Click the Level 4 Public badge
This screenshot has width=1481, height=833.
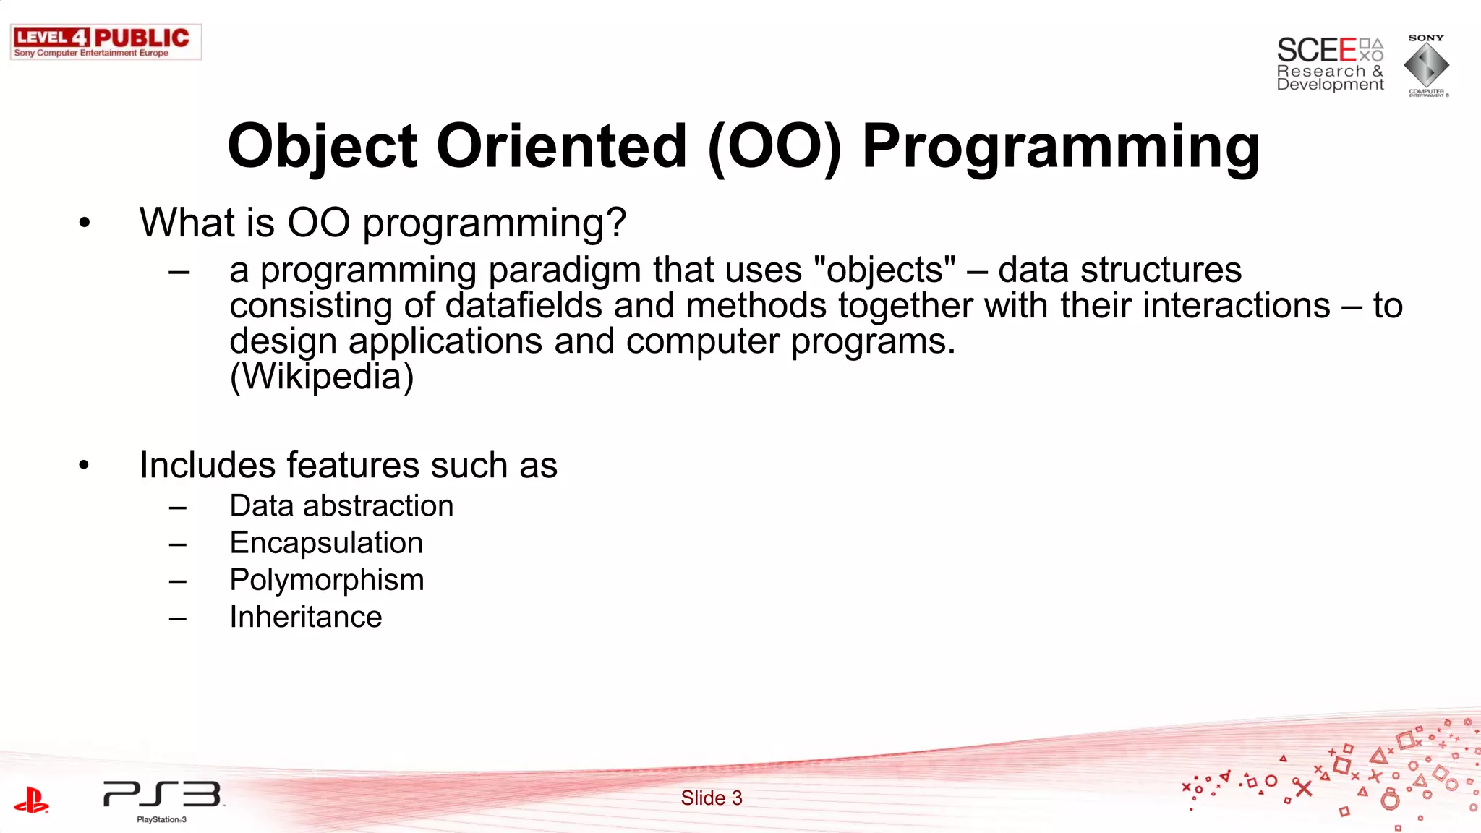[x=106, y=42]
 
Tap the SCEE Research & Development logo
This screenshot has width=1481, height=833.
[x=1329, y=64]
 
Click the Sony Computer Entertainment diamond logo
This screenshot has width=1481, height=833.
[x=1426, y=66]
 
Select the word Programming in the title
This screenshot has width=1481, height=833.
[x=1061, y=148]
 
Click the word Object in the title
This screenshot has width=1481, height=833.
[x=322, y=148]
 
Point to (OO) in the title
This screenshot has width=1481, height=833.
[x=774, y=148]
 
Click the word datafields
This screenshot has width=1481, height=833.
[x=524, y=305]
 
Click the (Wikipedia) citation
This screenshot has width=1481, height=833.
[x=321, y=377]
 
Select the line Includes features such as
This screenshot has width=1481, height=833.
[x=348, y=465]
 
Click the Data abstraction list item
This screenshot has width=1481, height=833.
[x=341, y=506]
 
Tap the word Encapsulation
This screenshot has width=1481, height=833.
[x=326, y=543]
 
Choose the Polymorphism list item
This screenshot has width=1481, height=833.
[x=326, y=580]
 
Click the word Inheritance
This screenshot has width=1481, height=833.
[x=305, y=617]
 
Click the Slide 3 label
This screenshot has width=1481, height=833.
[x=711, y=798]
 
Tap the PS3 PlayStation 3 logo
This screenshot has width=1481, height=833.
[x=163, y=798]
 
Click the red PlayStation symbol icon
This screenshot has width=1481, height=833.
[x=31, y=800]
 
